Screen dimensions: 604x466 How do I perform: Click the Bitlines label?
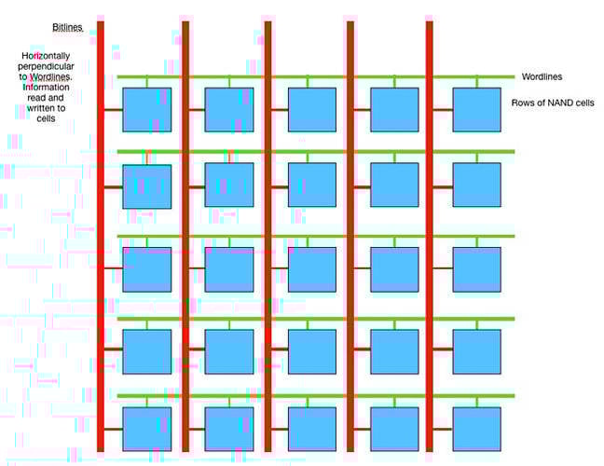point(67,27)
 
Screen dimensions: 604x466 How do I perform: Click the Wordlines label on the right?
point(542,76)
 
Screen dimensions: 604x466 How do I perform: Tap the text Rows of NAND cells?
point(553,103)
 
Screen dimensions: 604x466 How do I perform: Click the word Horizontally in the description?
point(46,56)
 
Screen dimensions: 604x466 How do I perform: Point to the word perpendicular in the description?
point(46,66)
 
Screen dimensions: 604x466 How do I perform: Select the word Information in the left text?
point(46,87)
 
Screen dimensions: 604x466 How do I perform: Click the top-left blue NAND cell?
point(147,110)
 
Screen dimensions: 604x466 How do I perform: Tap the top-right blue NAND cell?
point(477,110)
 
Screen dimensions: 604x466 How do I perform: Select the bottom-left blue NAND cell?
point(147,429)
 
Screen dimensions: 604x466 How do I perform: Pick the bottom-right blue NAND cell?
point(477,429)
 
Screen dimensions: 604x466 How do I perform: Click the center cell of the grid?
point(312,269)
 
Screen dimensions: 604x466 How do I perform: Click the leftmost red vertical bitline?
point(101,237)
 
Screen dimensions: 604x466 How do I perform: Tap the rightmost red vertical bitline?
point(430,237)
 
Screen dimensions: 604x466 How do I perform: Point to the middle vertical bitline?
point(268,237)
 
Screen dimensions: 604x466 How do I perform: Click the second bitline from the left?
point(185,237)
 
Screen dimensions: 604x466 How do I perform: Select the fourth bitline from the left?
point(350,237)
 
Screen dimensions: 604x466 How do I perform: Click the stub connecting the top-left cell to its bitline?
point(114,110)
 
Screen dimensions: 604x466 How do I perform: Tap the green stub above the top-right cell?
point(477,82)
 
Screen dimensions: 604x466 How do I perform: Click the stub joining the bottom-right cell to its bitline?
point(443,429)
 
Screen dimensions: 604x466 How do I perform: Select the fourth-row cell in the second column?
point(229,351)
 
